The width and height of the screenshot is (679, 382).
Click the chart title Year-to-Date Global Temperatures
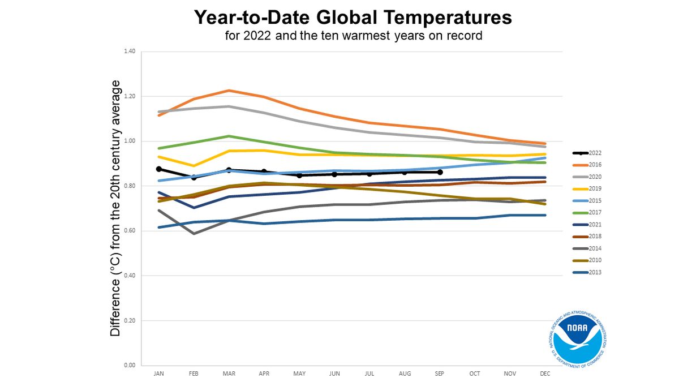[353, 17]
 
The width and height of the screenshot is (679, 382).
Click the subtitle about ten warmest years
[353, 36]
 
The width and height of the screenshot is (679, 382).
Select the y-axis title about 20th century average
[115, 208]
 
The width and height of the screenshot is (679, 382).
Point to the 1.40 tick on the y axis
[130, 51]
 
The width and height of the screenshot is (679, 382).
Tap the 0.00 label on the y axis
[130, 366]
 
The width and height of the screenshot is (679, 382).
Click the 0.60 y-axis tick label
[130, 231]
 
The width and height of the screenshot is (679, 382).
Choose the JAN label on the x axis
[159, 374]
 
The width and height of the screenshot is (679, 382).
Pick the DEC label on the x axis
[544, 374]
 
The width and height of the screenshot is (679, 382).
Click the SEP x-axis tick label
[439, 374]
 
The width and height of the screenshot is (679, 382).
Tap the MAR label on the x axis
[229, 374]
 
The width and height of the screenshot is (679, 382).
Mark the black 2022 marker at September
[440, 172]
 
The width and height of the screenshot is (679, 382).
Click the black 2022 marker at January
[159, 169]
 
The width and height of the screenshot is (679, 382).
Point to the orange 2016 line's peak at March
[229, 91]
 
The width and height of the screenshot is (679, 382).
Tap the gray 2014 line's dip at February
[194, 233]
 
